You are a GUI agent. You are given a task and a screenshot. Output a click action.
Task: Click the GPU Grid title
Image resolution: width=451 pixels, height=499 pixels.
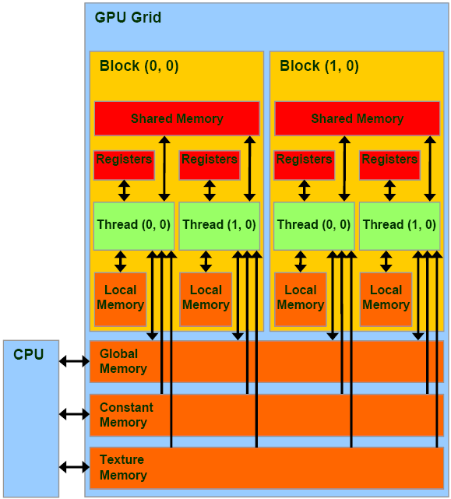[128, 17]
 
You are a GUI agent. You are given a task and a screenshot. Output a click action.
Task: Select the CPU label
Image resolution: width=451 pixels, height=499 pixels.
[29, 355]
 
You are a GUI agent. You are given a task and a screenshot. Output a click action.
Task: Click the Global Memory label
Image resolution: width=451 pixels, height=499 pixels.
[123, 361]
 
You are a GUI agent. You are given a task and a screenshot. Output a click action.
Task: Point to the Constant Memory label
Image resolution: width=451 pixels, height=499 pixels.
[126, 415]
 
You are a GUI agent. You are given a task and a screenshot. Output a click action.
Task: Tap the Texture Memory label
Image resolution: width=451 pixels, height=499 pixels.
[123, 468]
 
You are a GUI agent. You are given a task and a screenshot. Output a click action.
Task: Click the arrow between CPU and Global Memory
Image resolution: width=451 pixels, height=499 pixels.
[75, 361]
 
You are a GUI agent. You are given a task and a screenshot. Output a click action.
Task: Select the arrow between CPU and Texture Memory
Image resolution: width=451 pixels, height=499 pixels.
[75, 467]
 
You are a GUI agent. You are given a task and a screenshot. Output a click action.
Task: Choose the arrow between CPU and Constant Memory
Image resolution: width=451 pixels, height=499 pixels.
[75, 415]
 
